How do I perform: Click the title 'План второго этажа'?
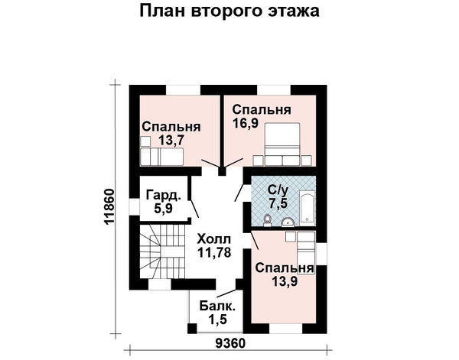coord(229,11)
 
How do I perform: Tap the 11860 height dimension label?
coord(109,207)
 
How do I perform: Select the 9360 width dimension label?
coord(229,343)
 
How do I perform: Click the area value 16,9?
coord(246,123)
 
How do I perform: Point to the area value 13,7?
coord(171,141)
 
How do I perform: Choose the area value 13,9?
coord(285,281)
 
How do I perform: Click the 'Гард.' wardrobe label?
coord(163,196)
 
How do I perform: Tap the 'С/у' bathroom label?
coord(278,190)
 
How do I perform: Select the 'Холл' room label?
coord(214,239)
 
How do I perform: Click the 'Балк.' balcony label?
coord(217,306)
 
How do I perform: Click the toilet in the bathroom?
coord(267,220)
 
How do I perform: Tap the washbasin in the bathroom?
coord(288,222)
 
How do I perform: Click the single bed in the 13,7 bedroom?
coord(161,157)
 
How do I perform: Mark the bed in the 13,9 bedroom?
coord(306,253)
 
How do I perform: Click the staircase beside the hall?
coord(162,251)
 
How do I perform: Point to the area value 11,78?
coord(214,252)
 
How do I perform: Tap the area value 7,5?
coord(278,203)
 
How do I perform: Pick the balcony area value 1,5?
coord(217,319)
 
